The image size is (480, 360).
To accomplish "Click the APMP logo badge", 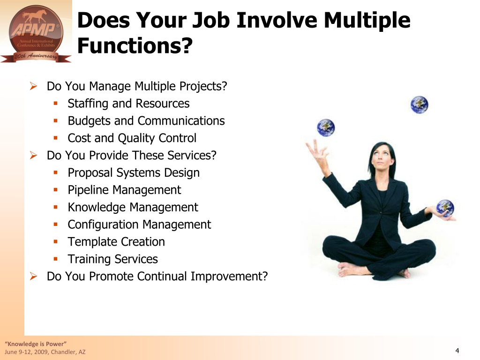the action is coord(36,34).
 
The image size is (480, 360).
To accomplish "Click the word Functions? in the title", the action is coord(135,45).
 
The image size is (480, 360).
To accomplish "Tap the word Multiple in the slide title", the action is coord(367,21).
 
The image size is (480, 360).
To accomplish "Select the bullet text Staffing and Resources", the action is coord(128,104).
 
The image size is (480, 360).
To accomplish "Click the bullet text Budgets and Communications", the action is coord(146,120).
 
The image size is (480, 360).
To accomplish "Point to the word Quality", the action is coord(136,138).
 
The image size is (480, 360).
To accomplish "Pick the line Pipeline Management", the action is coord(124,190).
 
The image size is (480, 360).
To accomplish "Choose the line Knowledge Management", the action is coord(133,207).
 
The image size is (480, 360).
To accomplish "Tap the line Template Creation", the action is coord(116,242).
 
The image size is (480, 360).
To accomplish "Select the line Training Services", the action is coord(112,259).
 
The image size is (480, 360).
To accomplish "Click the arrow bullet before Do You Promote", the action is coord(33,277).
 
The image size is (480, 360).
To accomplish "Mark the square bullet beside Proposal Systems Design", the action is coord(55,172).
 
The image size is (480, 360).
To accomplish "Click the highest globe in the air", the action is coord(420,105).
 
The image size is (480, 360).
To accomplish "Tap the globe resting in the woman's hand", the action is coord(445,209).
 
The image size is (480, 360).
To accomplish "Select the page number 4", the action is coord(457,351).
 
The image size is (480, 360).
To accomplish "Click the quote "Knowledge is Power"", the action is coord(36,344).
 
